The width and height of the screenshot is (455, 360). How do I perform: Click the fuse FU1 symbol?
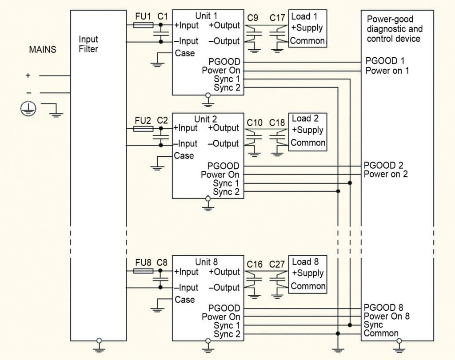[144, 26]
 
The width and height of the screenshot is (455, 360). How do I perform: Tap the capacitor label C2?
[163, 120]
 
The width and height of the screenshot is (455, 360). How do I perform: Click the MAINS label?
[43, 49]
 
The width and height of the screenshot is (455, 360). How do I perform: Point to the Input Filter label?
[88, 44]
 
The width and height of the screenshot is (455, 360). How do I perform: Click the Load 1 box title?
[304, 17]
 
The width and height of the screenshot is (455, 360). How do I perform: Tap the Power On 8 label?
[387, 316]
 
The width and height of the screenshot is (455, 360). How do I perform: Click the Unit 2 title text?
[206, 119]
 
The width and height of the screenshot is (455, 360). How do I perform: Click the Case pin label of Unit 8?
[184, 300]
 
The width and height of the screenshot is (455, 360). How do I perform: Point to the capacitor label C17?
[278, 18]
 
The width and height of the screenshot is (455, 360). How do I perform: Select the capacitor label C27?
[277, 265]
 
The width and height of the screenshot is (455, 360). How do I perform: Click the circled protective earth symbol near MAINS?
[28, 108]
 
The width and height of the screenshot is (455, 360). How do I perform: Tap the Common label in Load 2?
[308, 143]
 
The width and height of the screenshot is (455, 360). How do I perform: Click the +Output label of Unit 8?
[224, 272]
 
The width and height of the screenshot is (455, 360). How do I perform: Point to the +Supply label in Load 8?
[307, 273]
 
